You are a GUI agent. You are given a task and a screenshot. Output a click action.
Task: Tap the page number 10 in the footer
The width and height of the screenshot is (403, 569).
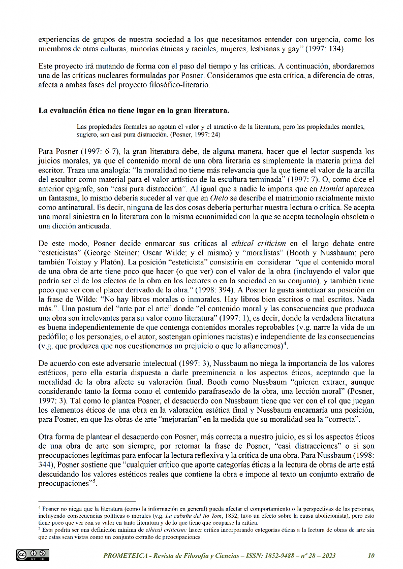pos(370,555)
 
